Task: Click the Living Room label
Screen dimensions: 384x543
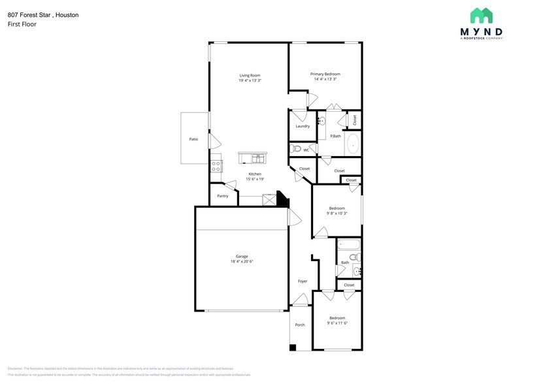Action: coord(250,76)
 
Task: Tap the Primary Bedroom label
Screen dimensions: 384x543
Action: coord(325,74)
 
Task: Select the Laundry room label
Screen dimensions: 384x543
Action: coord(302,126)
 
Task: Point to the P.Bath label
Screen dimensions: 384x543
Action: coord(335,136)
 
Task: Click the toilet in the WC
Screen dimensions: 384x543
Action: coord(297,150)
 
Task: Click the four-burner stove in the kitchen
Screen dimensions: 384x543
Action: coord(216,167)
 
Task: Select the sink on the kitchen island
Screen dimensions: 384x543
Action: coord(257,158)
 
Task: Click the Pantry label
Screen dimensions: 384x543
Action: coord(222,195)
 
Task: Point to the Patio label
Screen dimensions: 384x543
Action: coord(193,139)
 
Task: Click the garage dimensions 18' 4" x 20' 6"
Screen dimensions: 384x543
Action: coord(242,261)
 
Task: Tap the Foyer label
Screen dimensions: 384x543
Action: coord(303,281)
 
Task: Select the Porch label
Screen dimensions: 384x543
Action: coord(300,325)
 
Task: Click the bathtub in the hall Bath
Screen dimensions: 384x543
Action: coord(349,247)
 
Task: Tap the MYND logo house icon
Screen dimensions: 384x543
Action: coord(482,16)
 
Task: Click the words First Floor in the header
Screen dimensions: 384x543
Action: coord(22,24)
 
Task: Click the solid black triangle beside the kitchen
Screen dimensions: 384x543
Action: coord(282,200)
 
